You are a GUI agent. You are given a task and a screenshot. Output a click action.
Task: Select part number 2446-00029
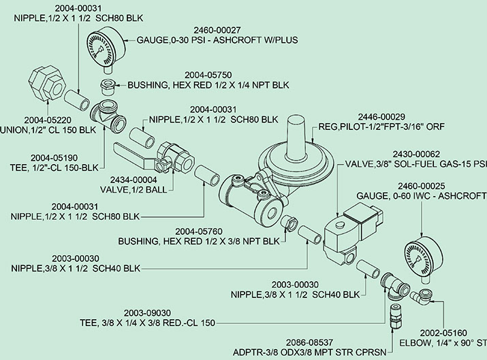click(381, 117)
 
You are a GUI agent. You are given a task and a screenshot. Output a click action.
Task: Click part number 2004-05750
click(208, 75)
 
